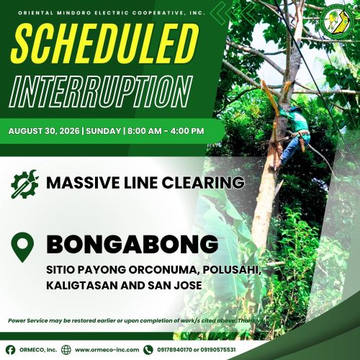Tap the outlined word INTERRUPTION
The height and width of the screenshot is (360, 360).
[x=101, y=91]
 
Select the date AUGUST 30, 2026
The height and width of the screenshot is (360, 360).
[x=44, y=131]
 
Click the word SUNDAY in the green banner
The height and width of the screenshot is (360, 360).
[x=104, y=131]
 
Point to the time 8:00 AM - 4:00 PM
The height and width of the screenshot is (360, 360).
[x=166, y=131]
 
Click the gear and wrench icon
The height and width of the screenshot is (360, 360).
[x=24, y=184]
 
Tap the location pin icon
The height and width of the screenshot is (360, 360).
[x=22, y=247]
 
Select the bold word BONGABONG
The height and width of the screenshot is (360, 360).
[x=132, y=244]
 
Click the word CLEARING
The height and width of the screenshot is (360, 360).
[x=203, y=183]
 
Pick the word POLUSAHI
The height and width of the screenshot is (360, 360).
[x=232, y=270]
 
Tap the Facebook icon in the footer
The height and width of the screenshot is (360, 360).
[x=10, y=350]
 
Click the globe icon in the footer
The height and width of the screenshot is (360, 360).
[x=66, y=350]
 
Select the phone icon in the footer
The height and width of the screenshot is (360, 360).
[x=148, y=350]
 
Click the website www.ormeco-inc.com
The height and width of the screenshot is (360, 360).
[x=107, y=350]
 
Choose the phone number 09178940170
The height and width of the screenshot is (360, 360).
[x=174, y=350]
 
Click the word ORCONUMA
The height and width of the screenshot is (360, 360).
[x=164, y=270]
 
